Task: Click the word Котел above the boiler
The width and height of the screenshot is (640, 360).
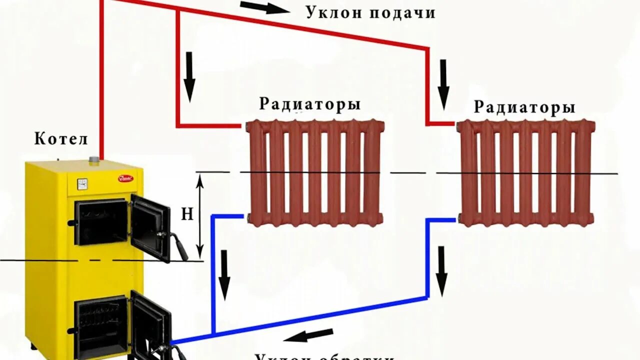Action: click(61, 139)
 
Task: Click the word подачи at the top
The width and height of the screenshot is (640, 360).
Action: click(402, 13)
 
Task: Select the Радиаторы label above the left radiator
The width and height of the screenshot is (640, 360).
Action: click(310, 104)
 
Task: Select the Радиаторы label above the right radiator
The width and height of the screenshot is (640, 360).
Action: click(524, 107)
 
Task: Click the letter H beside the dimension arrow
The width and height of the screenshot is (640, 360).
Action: click(187, 214)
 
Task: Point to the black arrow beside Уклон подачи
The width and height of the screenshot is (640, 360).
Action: click(261, 7)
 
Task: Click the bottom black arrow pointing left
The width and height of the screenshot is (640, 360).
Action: click(311, 335)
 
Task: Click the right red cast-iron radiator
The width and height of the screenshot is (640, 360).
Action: click(526, 172)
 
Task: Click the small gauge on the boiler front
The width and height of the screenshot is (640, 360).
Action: click(81, 183)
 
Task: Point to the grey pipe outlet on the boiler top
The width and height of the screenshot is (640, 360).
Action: click(93, 160)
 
